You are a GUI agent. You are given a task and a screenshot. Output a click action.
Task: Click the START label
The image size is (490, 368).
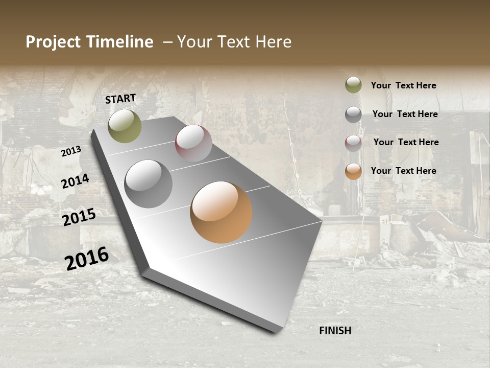120,99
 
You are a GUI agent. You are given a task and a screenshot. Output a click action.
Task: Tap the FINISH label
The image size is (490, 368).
335,331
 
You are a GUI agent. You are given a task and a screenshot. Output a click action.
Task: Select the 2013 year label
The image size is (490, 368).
71,151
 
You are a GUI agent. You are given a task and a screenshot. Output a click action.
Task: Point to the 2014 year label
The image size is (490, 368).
75,181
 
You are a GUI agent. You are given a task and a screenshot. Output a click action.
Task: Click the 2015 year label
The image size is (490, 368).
79,217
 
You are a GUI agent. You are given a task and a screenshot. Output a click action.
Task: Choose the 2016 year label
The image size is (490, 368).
87,258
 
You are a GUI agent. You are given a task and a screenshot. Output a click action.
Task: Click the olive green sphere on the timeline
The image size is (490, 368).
125,126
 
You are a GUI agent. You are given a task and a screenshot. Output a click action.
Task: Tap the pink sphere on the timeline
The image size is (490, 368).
193,143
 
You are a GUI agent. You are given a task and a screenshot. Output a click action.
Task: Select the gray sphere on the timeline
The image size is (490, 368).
148,184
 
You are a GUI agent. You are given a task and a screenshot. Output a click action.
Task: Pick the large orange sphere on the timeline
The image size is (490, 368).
221,212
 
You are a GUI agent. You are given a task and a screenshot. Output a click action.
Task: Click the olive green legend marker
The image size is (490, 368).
353,85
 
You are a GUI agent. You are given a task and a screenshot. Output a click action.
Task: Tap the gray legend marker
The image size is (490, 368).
353,114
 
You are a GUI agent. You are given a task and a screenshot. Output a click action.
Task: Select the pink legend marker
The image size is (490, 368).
353,143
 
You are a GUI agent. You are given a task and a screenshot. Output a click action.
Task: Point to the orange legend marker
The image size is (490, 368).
353,171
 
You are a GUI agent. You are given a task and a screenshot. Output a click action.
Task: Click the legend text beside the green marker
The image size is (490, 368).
403,85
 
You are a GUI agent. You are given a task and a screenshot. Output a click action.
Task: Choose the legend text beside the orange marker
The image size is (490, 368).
403,171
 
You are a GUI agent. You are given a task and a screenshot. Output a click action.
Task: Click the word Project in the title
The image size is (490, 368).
54,42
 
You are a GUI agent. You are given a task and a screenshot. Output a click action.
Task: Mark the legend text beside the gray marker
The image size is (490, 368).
405,114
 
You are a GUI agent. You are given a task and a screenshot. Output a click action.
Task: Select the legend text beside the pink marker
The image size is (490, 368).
406,142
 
